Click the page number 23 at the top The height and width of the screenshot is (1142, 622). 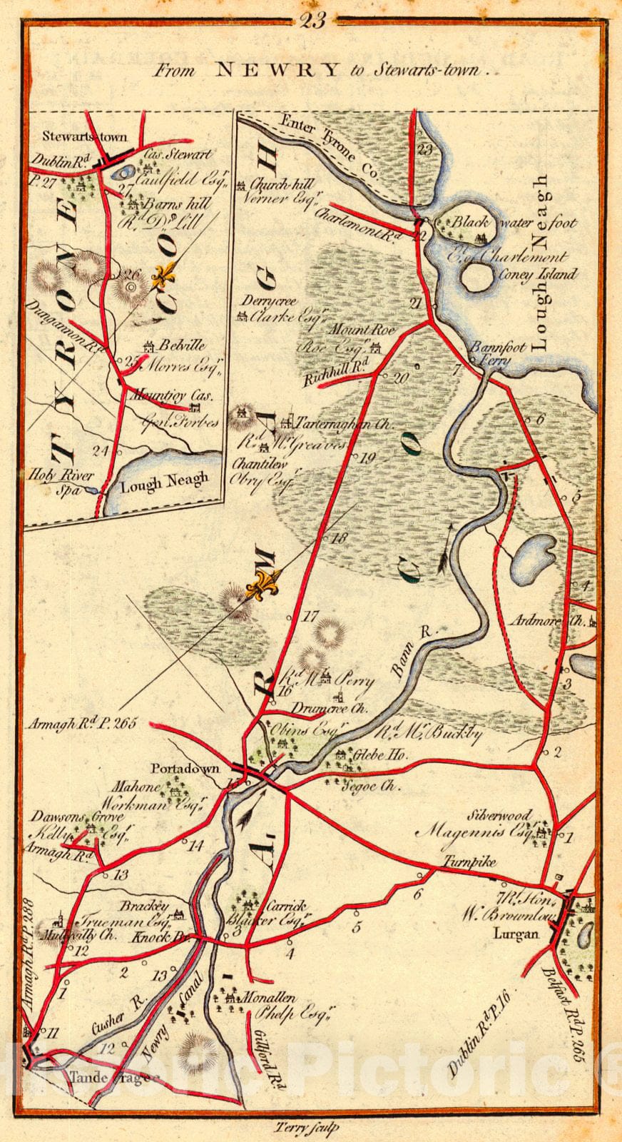[312, 21]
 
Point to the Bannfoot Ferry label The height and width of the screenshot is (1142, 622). [497, 354]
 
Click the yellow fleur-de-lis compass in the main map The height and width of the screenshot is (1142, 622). [260, 583]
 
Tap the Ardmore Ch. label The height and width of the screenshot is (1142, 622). [555, 620]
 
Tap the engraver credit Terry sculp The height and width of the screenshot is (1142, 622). [305, 1128]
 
